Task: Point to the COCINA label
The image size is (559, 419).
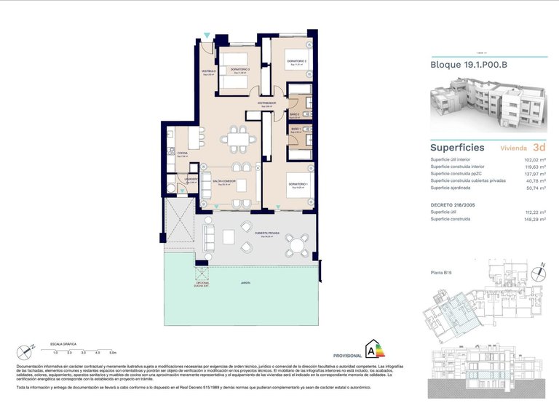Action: tap(182, 153)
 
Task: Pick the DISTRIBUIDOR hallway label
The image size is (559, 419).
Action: tap(266, 104)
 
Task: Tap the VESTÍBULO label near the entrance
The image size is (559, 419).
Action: tap(209, 71)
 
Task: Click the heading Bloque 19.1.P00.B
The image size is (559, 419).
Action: tap(469, 65)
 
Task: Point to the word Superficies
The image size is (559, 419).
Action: tap(457, 147)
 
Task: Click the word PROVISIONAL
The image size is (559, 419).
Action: tap(347, 355)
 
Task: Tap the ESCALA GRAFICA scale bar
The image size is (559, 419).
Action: tap(80, 348)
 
